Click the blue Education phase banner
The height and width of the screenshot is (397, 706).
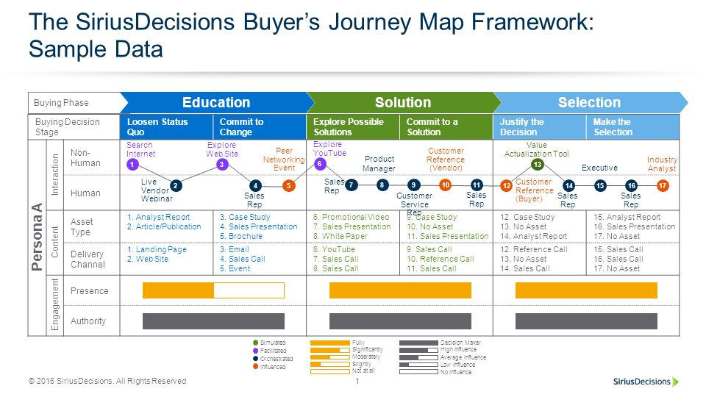tap(216, 103)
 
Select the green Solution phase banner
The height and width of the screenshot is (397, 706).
tap(402, 103)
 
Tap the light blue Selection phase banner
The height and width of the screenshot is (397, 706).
tap(589, 103)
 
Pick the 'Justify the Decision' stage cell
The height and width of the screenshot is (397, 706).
tap(539, 127)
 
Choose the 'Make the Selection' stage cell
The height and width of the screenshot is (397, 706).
tap(632, 127)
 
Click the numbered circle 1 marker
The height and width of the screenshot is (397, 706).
tap(132, 165)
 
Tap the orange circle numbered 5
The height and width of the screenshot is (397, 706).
tap(289, 186)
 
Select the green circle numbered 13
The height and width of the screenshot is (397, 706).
tap(538, 165)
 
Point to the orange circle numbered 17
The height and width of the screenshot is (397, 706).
tap(663, 186)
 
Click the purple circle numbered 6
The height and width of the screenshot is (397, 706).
tap(320, 164)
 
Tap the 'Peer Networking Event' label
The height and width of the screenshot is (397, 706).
tap(284, 160)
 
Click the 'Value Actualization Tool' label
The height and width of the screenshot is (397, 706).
tap(536, 149)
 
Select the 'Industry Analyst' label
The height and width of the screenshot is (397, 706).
tap(662, 164)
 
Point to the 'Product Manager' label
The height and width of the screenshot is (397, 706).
tap(379, 163)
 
